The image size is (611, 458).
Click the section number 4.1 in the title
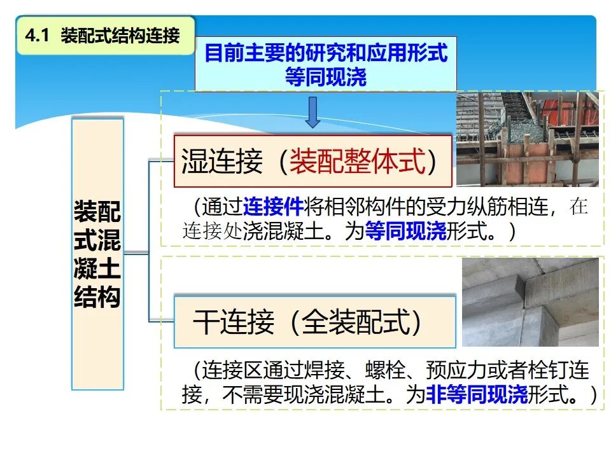pyautogui.click(x=37, y=36)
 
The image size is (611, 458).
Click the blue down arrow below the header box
pyautogui.click(x=312, y=113)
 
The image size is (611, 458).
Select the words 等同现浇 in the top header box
pyautogui.click(x=325, y=77)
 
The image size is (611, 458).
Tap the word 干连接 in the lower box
pyautogui.click(x=234, y=323)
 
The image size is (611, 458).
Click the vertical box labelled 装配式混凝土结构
pyautogui.click(x=97, y=254)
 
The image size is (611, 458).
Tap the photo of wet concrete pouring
pyautogui.click(x=527, y=139)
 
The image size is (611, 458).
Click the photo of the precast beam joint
pyautogui.click(x=530, y=302)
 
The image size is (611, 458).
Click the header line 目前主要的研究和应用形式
pyautogui.click(x=325, y=53)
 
